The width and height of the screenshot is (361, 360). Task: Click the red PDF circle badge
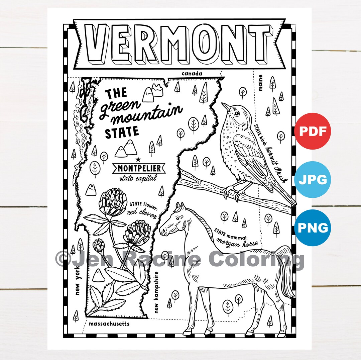tap(312, 131)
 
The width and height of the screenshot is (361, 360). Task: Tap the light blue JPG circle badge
tap(312, 180)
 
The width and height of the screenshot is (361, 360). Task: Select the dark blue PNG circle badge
tap(312, 228)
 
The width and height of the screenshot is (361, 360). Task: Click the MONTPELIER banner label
tap(139, 168)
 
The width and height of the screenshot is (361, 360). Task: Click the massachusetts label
tap(109, 324)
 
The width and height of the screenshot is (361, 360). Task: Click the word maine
tap(260, 82)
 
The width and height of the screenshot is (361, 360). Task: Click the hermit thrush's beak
tap(226, 106)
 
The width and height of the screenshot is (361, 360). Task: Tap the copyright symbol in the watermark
tap(63, 260)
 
